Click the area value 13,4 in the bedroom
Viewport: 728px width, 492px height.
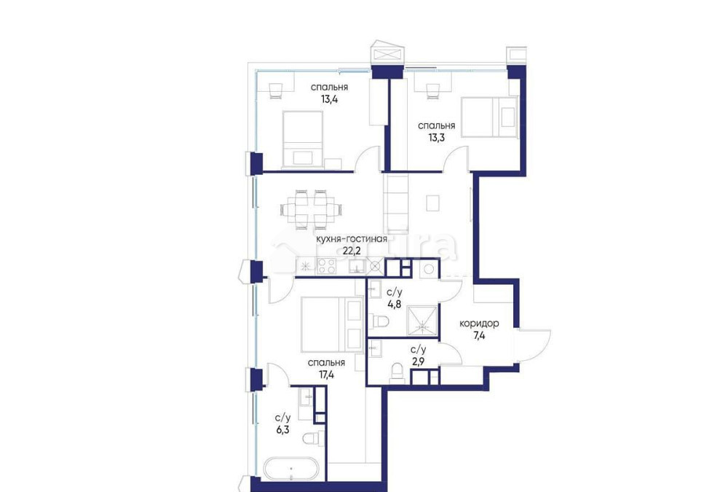[329, 99]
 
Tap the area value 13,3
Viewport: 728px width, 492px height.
[436, 138]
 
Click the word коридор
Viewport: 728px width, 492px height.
[479, 323]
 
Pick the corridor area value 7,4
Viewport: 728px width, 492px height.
[479, 335]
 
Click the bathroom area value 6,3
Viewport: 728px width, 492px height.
[282, 430]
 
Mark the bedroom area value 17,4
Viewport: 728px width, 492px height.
[326, 375]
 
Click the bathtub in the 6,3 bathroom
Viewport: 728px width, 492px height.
[290, 469]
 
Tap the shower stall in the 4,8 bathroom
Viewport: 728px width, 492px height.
[422, 319]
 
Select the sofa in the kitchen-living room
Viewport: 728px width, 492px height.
[395, 203]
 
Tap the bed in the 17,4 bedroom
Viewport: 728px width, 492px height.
[331, 325]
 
